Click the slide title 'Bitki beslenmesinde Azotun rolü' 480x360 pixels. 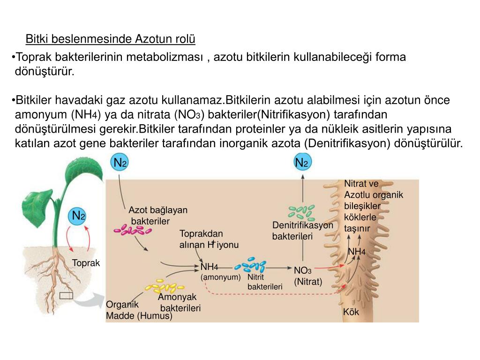110,39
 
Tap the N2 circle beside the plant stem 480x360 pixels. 78,216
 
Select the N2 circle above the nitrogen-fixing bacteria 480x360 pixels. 120,162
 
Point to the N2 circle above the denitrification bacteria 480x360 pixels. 302,162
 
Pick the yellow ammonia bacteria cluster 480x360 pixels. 165,286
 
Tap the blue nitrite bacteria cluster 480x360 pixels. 250,265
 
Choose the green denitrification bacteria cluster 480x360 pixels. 301,212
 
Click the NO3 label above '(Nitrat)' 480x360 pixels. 302,270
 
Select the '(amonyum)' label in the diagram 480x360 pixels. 220,277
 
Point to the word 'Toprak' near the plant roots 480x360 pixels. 86,263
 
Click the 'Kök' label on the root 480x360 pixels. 351,312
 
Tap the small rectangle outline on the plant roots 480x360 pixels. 66,295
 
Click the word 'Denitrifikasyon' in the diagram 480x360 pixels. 302,225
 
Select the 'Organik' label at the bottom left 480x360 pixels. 122,305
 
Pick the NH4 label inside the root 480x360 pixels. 357,252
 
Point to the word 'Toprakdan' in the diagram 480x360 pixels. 201,234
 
